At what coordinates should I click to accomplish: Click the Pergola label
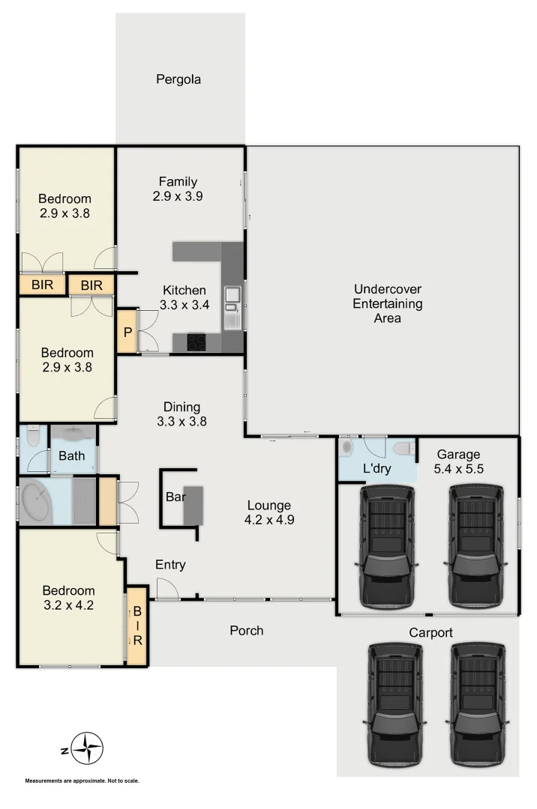178,79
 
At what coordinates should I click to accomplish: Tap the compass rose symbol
88,748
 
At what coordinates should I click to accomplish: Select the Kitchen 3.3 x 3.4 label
184,297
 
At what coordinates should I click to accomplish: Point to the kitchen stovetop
197,342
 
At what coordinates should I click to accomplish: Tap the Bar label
175,496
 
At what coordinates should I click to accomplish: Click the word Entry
170,565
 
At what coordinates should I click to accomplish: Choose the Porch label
246,631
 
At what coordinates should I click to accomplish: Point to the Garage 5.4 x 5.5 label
458,461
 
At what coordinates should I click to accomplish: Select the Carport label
430,633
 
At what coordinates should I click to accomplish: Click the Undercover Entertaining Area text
388,303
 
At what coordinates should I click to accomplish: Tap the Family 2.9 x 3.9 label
178,189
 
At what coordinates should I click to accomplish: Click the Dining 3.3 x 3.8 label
182,414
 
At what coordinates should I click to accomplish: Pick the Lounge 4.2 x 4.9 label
271,512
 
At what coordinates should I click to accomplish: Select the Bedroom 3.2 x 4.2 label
68,598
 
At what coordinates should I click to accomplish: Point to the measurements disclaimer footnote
82,781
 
